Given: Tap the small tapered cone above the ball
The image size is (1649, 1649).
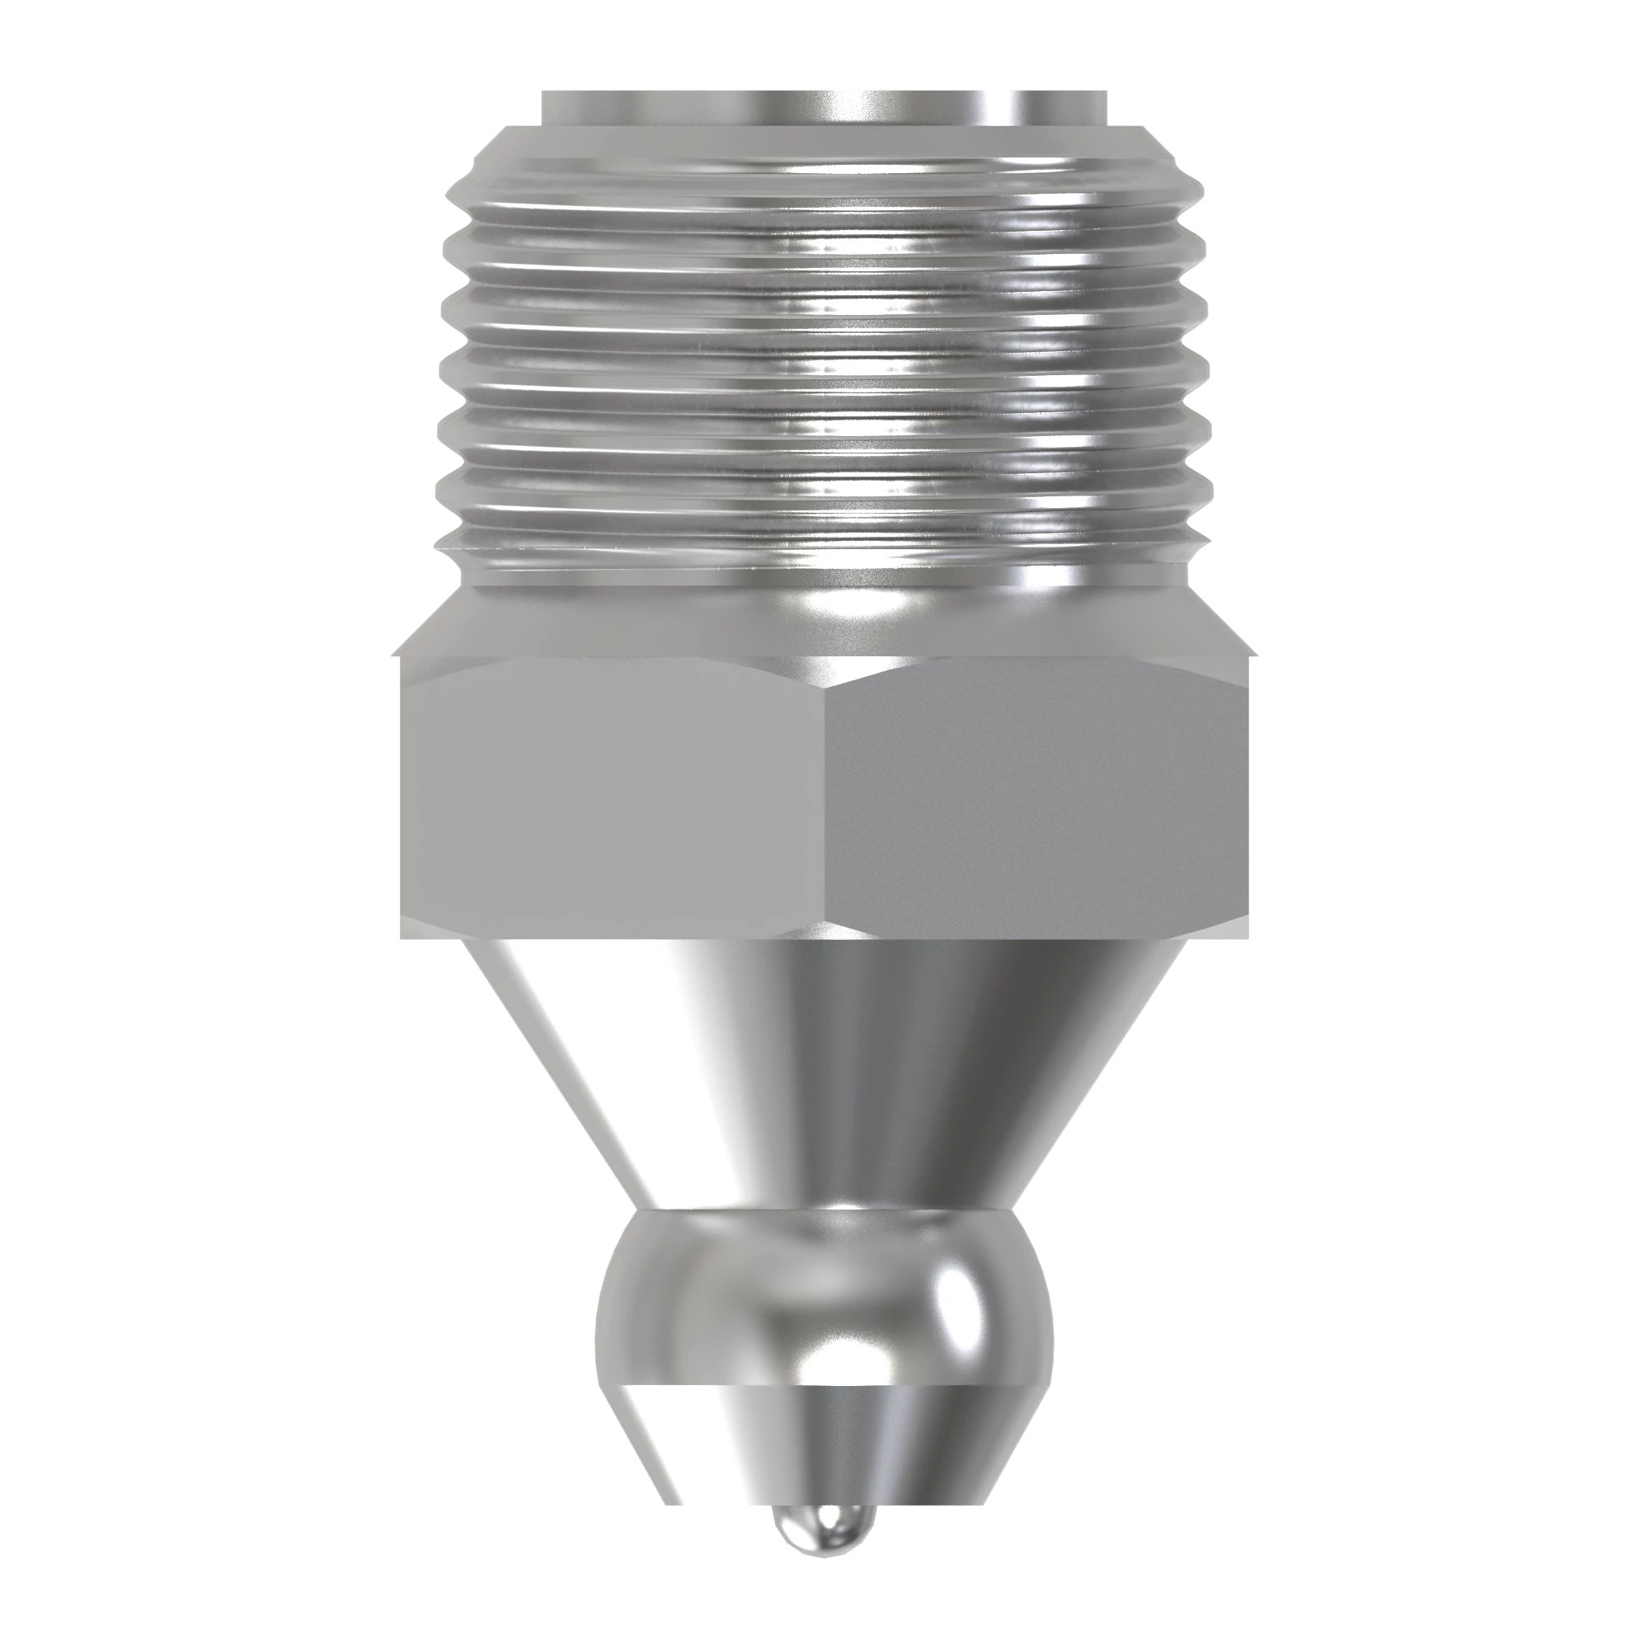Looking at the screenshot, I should tap(824, 1451).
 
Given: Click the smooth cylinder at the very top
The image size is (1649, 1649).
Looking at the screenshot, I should tap(824, 107).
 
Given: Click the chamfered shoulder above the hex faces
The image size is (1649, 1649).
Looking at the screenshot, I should tap(824, 623).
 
